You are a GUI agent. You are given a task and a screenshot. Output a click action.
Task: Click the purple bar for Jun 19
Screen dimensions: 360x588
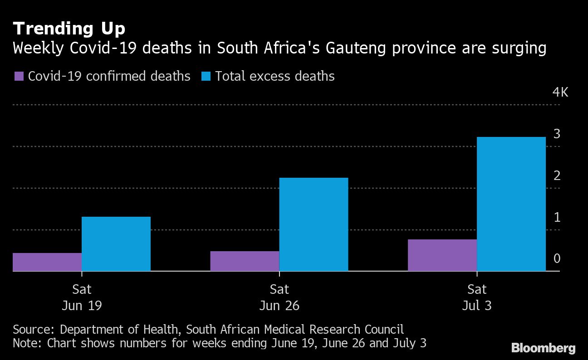(x=47, y=262)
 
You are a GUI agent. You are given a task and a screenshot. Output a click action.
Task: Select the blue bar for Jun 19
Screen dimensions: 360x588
(x=116, y=244)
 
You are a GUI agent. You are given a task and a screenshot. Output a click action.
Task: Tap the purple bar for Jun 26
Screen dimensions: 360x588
(x=245, y=261)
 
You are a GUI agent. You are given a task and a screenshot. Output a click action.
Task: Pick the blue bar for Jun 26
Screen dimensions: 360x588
(x=314, y=224)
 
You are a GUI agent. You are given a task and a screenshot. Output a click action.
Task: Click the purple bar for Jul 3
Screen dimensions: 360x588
(x=442, y=255)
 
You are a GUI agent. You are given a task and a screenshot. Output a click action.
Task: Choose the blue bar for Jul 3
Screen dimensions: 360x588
(x=511, y=204)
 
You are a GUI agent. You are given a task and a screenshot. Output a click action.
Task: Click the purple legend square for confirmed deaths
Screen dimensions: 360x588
(x=19, y=76)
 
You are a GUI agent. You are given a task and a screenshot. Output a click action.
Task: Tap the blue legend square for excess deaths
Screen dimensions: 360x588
(x=206, y=76)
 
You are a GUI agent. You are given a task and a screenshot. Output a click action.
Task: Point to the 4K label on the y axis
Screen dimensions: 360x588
(x=560, y=92)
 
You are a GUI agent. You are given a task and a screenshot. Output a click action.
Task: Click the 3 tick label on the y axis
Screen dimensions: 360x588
(x=557, y=134)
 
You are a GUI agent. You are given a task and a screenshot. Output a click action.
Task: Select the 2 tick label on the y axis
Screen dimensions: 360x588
(x=557, y=176)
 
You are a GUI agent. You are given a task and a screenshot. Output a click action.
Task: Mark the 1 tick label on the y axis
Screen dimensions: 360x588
(x=557, y=218)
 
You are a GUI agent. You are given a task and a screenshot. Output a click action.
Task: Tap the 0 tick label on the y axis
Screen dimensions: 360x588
(x=557, y=259)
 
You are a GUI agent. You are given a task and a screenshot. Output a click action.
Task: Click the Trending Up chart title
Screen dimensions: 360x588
(x=69, y=29)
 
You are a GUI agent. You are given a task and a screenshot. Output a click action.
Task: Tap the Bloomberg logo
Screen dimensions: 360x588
(x=544, y=348)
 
